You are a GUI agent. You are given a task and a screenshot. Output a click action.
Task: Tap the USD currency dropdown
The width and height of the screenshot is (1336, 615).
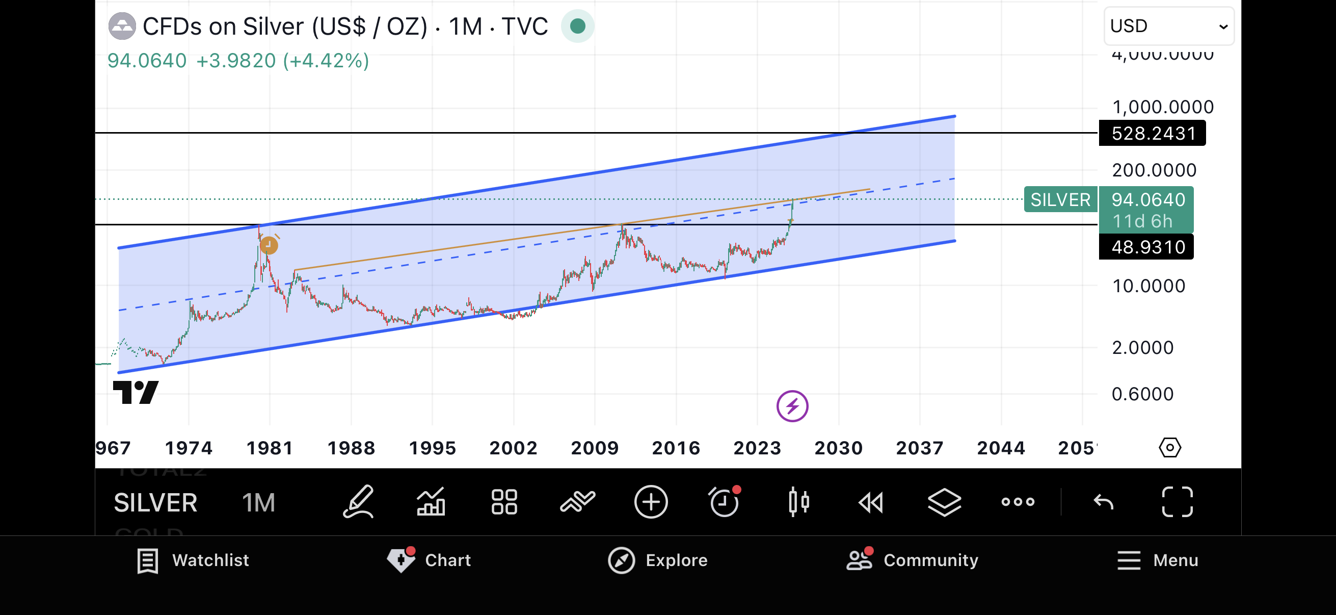tap(1168, 26)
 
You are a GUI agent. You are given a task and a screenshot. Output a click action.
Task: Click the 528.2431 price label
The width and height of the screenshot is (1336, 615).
tap(1153, 134)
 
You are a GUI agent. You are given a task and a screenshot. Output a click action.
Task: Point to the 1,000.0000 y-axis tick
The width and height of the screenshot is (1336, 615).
tap(1162, 107)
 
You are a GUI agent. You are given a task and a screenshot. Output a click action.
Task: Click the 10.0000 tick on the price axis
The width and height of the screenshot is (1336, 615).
tap(1148, 286)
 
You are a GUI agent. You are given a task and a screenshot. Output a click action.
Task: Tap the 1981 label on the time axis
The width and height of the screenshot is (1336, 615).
tap(270, 448)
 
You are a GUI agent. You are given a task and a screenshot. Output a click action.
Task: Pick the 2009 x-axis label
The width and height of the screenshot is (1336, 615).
tap(594, 448)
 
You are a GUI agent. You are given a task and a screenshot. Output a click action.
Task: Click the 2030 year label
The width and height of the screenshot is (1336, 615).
tap(838, 448)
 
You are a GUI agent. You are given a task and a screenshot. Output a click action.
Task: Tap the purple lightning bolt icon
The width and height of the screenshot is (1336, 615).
tap(792, 406)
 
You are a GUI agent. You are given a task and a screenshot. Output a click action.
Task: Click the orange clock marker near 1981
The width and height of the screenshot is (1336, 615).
tap(269, 244)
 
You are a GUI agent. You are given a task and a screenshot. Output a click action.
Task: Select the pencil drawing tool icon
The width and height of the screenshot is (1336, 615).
tap(358, 502)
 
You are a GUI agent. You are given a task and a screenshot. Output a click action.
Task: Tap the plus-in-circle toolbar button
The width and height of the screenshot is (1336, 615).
tap(651, 502)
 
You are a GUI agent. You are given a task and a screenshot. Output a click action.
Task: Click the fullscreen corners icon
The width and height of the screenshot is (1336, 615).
tap(1177, 502)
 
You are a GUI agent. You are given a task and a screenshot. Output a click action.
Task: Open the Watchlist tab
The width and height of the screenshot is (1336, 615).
tap(193, 560)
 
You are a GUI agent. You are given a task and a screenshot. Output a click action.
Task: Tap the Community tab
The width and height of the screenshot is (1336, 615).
tap(912, 560)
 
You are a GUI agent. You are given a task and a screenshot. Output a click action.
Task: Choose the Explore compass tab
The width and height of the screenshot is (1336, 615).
tap(658, 560)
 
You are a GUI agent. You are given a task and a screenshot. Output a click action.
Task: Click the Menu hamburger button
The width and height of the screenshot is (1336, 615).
tap(1158, 560)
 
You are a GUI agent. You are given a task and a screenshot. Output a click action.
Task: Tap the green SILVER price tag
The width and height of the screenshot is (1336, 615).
tap(1060, 200)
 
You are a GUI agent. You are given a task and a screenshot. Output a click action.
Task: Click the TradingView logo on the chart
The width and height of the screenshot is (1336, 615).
tap(136, 392)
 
